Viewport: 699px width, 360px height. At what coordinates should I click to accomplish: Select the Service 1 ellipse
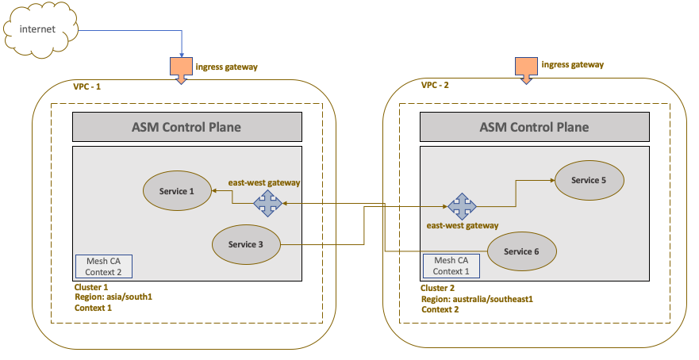(177, 191)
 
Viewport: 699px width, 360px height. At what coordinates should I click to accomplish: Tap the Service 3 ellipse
(246, 244)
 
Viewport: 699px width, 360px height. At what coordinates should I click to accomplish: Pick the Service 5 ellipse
(589, 180)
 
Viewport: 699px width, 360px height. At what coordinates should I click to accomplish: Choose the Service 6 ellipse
(521, 251)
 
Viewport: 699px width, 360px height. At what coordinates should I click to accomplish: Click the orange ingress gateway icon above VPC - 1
(181, 70)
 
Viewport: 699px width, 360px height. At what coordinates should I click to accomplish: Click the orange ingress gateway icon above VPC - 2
(526, 70)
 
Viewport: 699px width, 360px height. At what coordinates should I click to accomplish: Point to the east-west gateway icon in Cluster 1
(268, 203)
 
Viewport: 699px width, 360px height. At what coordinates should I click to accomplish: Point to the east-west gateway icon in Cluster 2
(463, 206)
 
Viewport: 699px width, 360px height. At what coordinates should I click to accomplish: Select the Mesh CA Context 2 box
(104, 266)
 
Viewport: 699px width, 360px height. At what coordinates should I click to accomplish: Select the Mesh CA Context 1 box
(451, 266)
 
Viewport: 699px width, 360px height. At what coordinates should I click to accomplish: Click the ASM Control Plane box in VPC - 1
(187, 127)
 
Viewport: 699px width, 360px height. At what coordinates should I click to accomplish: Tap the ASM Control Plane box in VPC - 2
(535, 127)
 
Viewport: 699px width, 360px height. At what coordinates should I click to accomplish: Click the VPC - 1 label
(87, 86)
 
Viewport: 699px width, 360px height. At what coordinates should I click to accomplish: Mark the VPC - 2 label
(435, 85)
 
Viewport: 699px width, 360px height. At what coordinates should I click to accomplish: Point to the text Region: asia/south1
(113, 297)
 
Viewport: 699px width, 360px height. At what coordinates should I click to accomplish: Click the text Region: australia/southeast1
(477, 299)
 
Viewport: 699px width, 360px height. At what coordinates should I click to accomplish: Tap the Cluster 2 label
(437, 288)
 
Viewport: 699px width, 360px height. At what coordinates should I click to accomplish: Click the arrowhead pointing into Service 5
(552, 180)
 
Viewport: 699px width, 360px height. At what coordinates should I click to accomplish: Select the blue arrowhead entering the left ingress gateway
(182, 55)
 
